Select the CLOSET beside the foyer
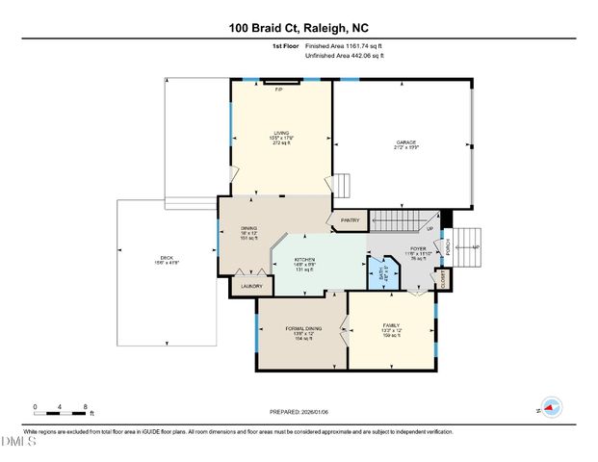point(443,280)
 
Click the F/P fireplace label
point(279,89)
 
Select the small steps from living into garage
point(343,184)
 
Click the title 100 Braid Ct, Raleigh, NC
point(298,29)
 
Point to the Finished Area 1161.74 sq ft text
point(343,45)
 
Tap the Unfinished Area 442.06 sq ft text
point(345,56)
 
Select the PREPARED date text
point(298,412)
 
